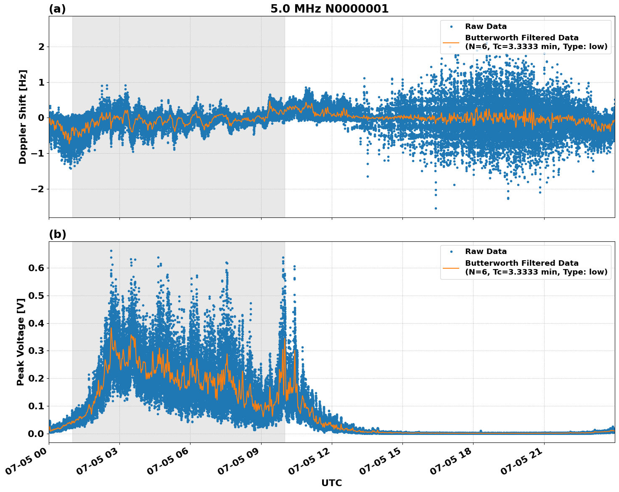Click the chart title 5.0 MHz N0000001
(x=329, y=9)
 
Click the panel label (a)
(x=57, y=9)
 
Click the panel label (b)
(x=57, y=234)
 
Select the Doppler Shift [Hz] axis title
(x=23, y=117)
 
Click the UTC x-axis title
(x=331, y=483)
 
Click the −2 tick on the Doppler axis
(x=38, y=189)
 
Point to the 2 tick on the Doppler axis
(x=41, y=47)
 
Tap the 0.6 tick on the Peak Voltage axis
(x=36, y=268)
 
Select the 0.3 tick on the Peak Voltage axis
(x=36, y=351)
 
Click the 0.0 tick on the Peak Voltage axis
(x=36, y=434)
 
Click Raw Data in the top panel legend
(x=486, y=26)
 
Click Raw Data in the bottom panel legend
(x=486, y=251)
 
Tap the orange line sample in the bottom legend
(x=452, y=267)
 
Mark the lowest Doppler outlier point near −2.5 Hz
(x=436, y=208)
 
